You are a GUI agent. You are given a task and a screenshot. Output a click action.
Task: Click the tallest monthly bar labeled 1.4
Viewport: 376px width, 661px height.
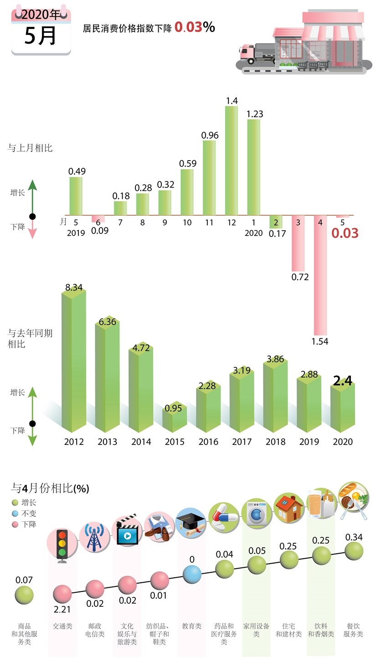pyautogui.click(x=232, y=160)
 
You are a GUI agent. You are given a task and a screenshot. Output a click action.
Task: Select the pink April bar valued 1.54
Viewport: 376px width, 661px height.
pyautogui.click(x=320, y=275)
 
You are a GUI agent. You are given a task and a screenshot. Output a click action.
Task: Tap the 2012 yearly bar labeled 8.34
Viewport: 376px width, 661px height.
pyautogui.click(x=74, y=362)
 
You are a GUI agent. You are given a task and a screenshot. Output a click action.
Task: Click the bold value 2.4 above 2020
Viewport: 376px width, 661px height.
pyautogui.click(x=342, y=381)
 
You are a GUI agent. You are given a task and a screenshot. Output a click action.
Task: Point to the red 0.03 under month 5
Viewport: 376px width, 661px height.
pyautogui.click(x=345, y=233)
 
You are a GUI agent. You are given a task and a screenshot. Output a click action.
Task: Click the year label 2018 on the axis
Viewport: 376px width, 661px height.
pyautogui.click(x=275, y=442)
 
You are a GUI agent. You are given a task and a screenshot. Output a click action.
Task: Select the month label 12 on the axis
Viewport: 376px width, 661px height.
pyautogui.click(x=232, y=222)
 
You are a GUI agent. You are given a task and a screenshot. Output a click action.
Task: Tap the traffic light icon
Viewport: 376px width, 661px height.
pyautogui.click(x=62, y=545)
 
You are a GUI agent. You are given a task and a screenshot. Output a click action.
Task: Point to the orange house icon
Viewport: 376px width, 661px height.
pyautogui.click(x=289, y=508)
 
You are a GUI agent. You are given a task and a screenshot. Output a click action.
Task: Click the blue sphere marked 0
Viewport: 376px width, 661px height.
pyautogui.click(x=192, y=574)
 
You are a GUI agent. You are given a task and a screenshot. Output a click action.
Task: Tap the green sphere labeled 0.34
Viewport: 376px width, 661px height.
pyautogui.click(x=354, y=551)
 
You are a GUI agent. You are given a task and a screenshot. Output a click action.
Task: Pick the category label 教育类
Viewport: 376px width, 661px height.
pyautogui.click(x=191, y=626)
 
